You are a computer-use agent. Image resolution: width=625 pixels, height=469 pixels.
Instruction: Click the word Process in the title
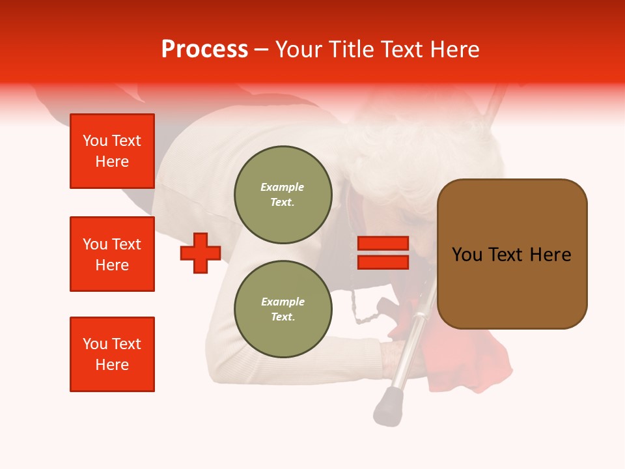[204, 50]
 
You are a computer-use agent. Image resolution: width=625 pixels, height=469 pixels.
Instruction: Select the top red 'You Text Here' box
[112, 151]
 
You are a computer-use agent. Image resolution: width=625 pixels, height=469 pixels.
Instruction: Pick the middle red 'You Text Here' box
[112, 254]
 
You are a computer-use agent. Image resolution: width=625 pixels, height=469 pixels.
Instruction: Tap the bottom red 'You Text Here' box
[112, 354]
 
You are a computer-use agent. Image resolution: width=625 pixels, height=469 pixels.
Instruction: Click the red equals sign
[383, 253]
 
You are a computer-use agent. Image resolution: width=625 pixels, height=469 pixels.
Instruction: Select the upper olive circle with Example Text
[283, 195]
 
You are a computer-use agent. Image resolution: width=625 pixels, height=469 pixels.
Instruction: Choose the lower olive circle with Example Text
[283, 309]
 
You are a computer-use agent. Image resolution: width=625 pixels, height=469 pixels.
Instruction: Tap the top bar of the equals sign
[383, 244]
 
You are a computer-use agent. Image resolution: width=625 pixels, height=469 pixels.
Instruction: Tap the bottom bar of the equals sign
[383, 262]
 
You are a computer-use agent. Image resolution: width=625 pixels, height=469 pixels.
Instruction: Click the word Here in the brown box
[550, 255]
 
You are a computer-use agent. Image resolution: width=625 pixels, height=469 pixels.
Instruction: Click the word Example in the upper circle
[283, 187]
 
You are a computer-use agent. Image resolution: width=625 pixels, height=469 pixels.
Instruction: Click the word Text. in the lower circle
[283, 317]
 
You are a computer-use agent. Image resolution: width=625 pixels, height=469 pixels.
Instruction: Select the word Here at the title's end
[455, 50]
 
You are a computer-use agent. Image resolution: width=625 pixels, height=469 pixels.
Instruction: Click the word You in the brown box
[467, 255]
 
